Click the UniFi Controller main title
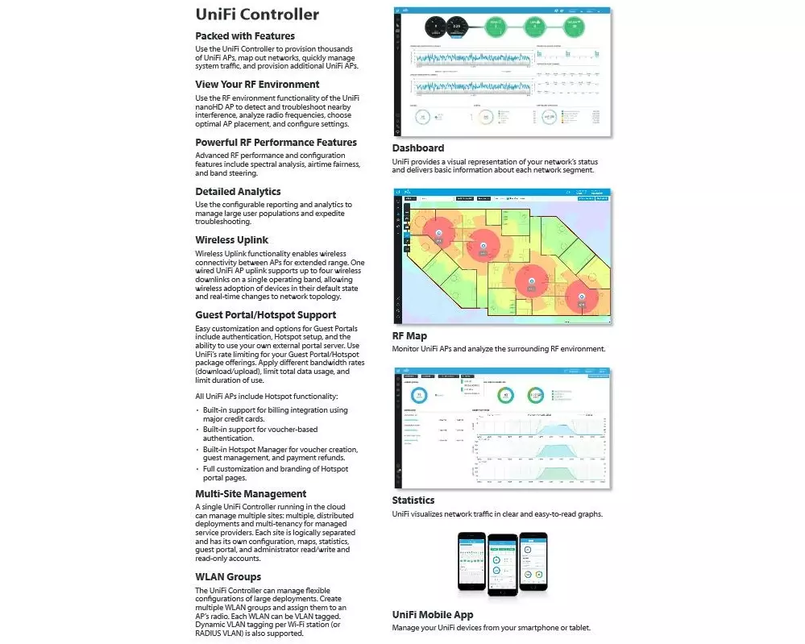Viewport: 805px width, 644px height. pyautogui.click(x=257, y=15)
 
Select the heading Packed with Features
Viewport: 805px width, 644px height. pyautogui.click(x=245, y=36)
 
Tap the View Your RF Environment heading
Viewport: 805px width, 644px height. pyautogui.click(x=257, y=85)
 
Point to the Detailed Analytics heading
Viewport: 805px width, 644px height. pyautogui.click(x=238, y=192)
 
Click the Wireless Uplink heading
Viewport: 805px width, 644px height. pyautogui.click(x=231, y=240)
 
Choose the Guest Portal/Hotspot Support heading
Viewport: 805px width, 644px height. pyautogui.click(x=265, y=315)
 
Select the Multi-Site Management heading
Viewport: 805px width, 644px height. pyautogui.click(x=251, y=494)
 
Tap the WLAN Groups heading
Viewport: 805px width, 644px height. pyautogui.click(x=228, y=577)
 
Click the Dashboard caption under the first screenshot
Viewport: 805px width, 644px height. pyautogui.click(x=417, y=148)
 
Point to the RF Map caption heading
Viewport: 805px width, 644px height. pyautogui.click(x=409, y=336)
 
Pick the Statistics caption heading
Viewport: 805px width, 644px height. pyautogui.click(x=413, y=501)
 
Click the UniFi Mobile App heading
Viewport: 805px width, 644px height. pyautogui.click(x=433, y=615)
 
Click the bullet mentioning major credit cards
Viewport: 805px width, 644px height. pyautogui.click(x=275, y=414)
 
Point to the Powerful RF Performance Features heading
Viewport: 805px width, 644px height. pyautogui.click(x=276, y=143)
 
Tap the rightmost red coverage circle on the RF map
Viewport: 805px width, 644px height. pyautogui.click(x=582, y=297)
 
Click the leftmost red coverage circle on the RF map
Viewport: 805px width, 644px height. pyautogui.click(x=438, y=234)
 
